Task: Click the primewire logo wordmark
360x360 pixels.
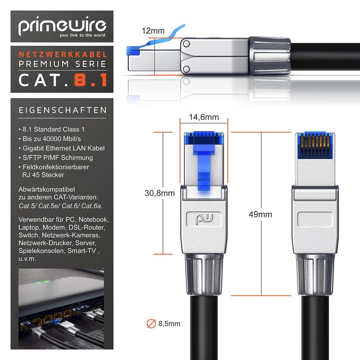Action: coord(62,25)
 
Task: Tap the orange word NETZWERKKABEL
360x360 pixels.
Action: coord(63,54)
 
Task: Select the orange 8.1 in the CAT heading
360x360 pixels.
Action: coord(91,80)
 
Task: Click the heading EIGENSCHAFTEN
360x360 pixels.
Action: coord(63,110)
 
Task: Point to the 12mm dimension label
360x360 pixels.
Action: coord(153,31)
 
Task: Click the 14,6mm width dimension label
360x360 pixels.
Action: coord(204,117)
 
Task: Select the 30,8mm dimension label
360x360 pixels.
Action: coord(160,193)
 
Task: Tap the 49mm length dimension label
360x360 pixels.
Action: coord(261,214)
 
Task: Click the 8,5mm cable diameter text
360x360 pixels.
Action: coord(169,324)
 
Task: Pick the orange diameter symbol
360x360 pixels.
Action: coord(151,324)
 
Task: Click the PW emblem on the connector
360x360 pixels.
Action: coord(204,219)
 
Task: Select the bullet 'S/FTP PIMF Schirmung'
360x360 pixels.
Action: coord(56,157)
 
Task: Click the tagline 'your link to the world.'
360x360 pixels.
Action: coord(83,35)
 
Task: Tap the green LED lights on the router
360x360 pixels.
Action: coord(42,282)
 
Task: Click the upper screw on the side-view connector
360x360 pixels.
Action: coord(186,43)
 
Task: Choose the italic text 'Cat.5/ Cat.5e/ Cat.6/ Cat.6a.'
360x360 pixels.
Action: coord(60,206)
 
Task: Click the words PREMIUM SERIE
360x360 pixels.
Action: coord(63,64)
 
